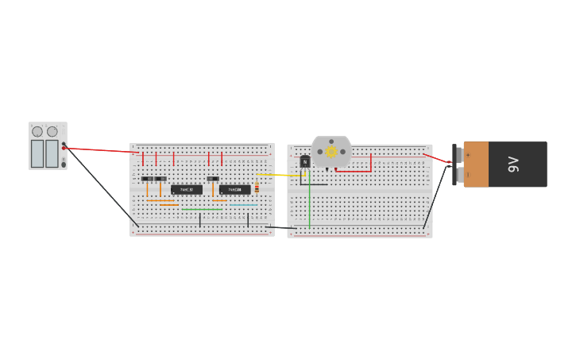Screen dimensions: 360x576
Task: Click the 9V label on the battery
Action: point(513,165)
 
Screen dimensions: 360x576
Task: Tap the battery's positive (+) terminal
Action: point(458,154)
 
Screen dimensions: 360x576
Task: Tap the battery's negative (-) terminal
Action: point(458,174)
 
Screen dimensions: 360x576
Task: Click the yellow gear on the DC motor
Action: point(331,152)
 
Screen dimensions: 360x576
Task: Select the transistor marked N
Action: point(305,161)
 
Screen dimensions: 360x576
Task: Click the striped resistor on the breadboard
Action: point(257,188)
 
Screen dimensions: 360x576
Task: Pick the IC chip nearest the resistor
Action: point(235,189)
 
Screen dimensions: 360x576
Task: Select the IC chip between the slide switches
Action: point(187,189)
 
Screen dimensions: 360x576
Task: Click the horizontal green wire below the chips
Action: point(203,209)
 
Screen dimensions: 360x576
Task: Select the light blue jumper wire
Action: point(243,206)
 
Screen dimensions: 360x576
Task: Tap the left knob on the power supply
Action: point(37,132)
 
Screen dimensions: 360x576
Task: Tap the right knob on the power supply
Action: point(52,132)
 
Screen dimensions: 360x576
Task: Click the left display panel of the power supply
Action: point(37,153)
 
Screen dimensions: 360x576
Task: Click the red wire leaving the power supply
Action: point(99,149)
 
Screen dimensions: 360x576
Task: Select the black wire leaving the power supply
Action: point(99,187)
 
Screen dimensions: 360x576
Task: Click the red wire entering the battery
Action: point(436,158)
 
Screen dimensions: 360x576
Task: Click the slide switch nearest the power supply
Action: point(147,179)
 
